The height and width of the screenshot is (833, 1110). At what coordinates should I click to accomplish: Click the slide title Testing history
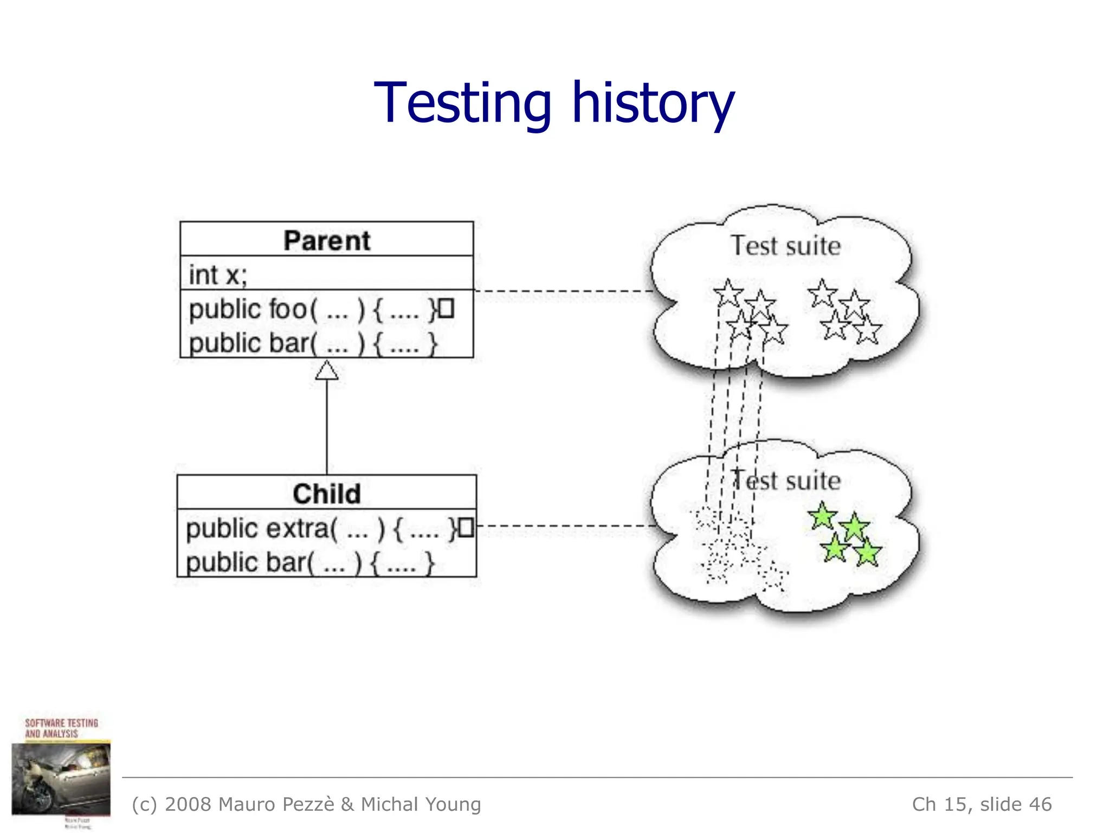(x=554, y=103)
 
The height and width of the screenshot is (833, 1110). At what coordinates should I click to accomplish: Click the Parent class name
(x=327, y=240)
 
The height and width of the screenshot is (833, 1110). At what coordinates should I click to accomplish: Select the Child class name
(x=327, y=494)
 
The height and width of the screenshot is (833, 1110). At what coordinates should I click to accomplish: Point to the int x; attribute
(x=218, y=274)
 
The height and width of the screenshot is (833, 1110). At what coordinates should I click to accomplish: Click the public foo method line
(x=312, y=310)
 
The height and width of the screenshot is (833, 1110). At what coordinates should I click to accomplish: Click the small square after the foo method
(x=446, y=309)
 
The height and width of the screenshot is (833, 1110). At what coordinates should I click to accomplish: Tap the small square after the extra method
(x=466, y=528)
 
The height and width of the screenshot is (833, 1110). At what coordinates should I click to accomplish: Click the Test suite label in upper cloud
(x=785, y=246)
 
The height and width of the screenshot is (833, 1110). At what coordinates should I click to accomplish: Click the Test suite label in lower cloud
(x=786, y=480)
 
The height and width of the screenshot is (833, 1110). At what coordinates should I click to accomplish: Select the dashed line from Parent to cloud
(x=564, y=291)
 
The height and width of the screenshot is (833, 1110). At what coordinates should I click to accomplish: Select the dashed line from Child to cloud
(x=566, y=526)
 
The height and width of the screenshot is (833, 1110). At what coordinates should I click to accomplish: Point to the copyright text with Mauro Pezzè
(x=306, y=804)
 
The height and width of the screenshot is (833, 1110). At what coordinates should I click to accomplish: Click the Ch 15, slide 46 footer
(x=982, y=804)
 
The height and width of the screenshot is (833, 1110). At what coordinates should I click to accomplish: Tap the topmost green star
(x=822, y=516)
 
